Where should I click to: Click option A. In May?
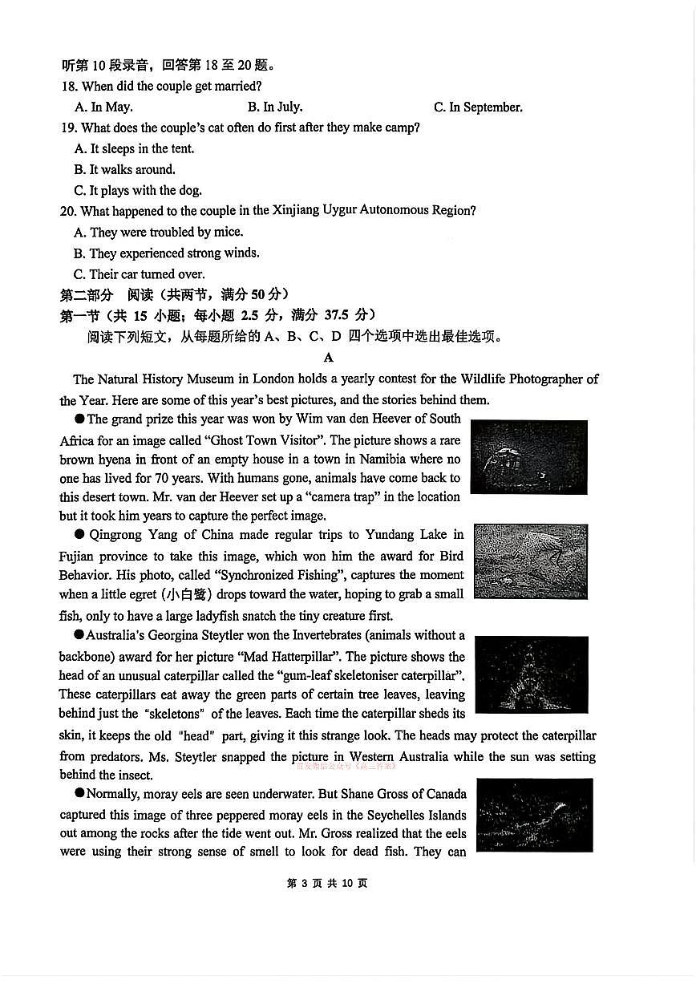[x=103, y=107]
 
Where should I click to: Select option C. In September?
[x=478, y=107]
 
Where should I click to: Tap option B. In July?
[x=275, y=107]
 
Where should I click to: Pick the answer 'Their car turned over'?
[x=140, y=273]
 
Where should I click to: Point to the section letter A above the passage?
[x=328, y=358]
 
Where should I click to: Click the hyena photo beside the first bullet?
[x=528, y=456]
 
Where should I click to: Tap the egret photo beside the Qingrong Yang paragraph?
[x=530, y=561]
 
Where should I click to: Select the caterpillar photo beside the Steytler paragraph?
[x=531, y=674]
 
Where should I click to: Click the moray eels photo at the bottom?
[x=534, y=815]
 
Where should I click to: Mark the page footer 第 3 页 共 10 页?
[x=327, y=883]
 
